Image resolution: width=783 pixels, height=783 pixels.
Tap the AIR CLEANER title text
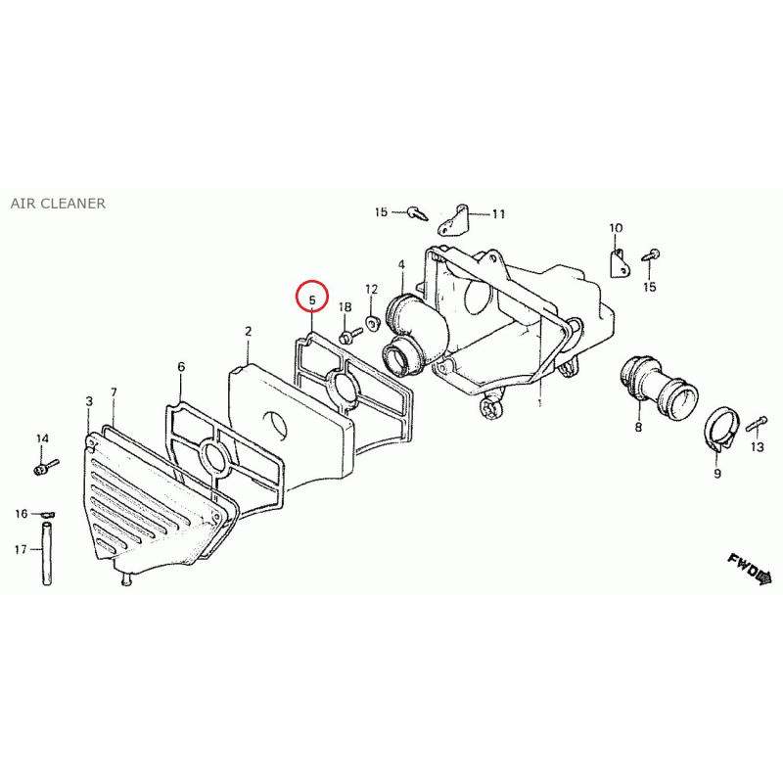tap(58, 204)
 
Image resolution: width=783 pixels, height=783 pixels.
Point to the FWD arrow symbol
tap(750, 569)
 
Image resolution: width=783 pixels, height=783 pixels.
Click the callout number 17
tap(21, 550)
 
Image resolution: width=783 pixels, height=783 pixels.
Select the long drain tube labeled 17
tap(46, 554)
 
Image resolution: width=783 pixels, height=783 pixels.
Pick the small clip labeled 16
tap(47, 515)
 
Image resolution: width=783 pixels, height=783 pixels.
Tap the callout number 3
tap(89, 401)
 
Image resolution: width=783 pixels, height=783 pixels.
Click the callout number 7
tap(114, 392)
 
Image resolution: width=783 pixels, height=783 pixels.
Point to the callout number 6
tap(181, 367)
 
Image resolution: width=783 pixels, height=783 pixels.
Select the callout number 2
tap(249, 331)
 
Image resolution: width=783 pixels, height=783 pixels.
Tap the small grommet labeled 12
tap(372, 323)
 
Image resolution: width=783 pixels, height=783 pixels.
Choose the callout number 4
tap(402, 264)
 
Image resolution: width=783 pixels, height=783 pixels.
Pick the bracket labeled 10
tap(619, 263)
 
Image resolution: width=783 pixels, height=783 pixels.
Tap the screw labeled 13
tap(756, 424)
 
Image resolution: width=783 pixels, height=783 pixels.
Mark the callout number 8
tap(638, 428)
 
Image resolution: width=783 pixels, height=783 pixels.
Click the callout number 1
tap(540, 402)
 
